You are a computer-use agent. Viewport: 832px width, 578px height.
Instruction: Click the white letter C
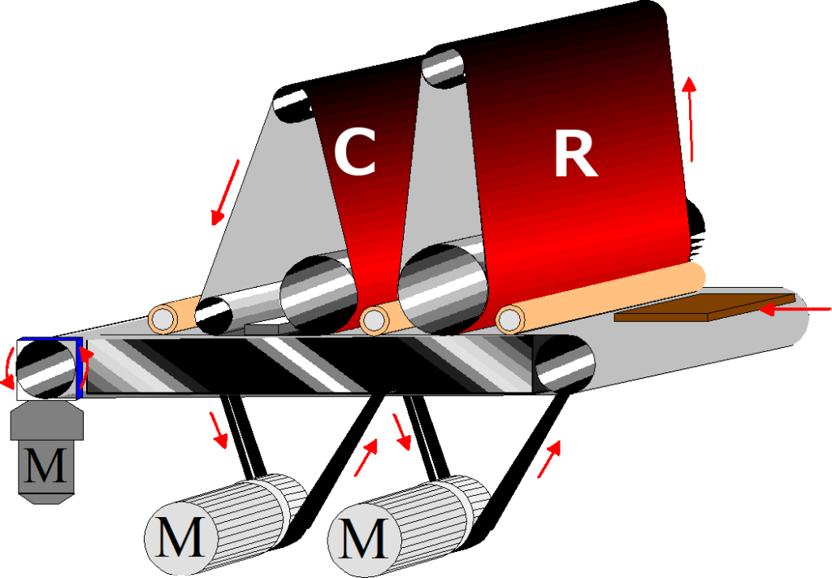(355, 152)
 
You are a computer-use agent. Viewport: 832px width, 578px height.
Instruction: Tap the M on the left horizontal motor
(180, 540)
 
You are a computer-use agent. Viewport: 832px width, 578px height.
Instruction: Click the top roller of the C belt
(291, 107)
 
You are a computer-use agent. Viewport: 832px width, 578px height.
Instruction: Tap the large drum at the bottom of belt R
(443, 289)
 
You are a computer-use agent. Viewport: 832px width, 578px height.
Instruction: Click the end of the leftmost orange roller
(163, 319)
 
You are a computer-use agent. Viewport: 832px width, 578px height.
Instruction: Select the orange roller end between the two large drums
(374, 320)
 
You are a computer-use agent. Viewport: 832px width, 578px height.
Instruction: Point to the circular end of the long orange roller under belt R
(509, 319)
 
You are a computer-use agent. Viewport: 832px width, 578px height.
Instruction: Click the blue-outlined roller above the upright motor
(48, 368)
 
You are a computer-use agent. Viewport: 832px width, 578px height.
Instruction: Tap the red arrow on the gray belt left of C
(226, 192)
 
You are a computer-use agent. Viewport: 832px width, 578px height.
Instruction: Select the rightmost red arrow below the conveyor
(549, 459)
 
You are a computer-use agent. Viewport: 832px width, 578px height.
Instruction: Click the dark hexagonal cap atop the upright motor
(46, 419)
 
